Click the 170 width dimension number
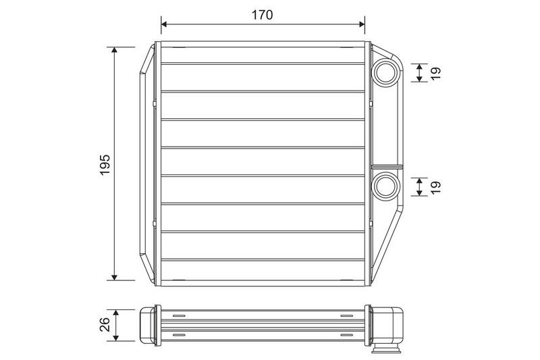point(262,15)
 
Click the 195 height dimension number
point(105,165)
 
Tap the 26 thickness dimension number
point(105,324)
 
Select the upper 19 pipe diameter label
point(435,73)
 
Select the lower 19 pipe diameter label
point(435,187)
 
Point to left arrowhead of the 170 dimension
point(164,24)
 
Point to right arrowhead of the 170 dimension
point(362,24)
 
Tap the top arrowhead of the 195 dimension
point(115,50)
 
